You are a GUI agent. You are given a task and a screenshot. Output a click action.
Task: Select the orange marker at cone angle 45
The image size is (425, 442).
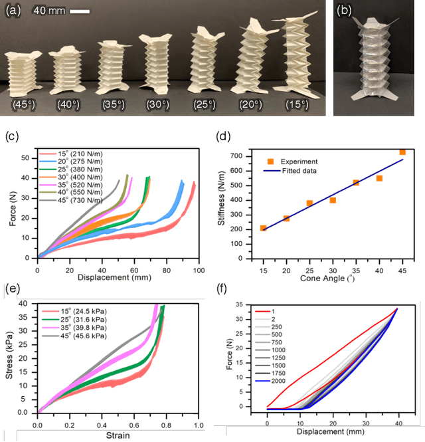(x=402, y=152)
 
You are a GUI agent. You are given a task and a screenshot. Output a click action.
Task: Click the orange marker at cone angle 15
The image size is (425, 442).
(x=264, y=228)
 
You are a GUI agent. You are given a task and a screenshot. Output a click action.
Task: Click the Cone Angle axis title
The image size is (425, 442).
(x=332, y=278)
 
